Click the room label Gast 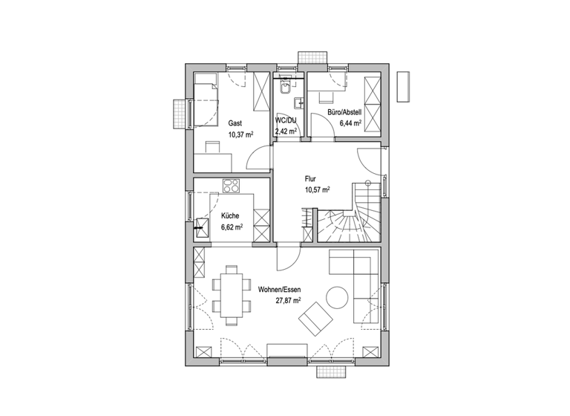(235, 123)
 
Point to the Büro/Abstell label (344, 112)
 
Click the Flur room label (311, 178)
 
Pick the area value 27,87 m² (288, 301)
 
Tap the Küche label (229, 216)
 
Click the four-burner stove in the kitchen (232, 186)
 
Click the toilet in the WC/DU (285, 88)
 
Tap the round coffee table (336, 296)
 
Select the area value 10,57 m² (317, 189)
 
